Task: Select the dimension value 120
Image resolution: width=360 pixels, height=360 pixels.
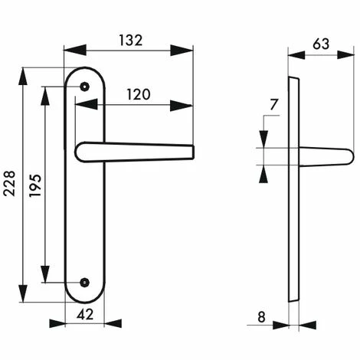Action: [x=138, y=95]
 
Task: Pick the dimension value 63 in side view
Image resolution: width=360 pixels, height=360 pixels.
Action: [x=321, y=44]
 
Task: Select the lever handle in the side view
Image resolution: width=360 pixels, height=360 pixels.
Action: [x=325, y=156]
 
